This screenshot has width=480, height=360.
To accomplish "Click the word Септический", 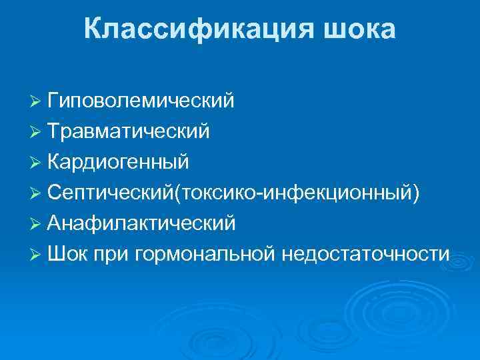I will (110, 193).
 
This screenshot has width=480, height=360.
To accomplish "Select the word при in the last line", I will (113, 255).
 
